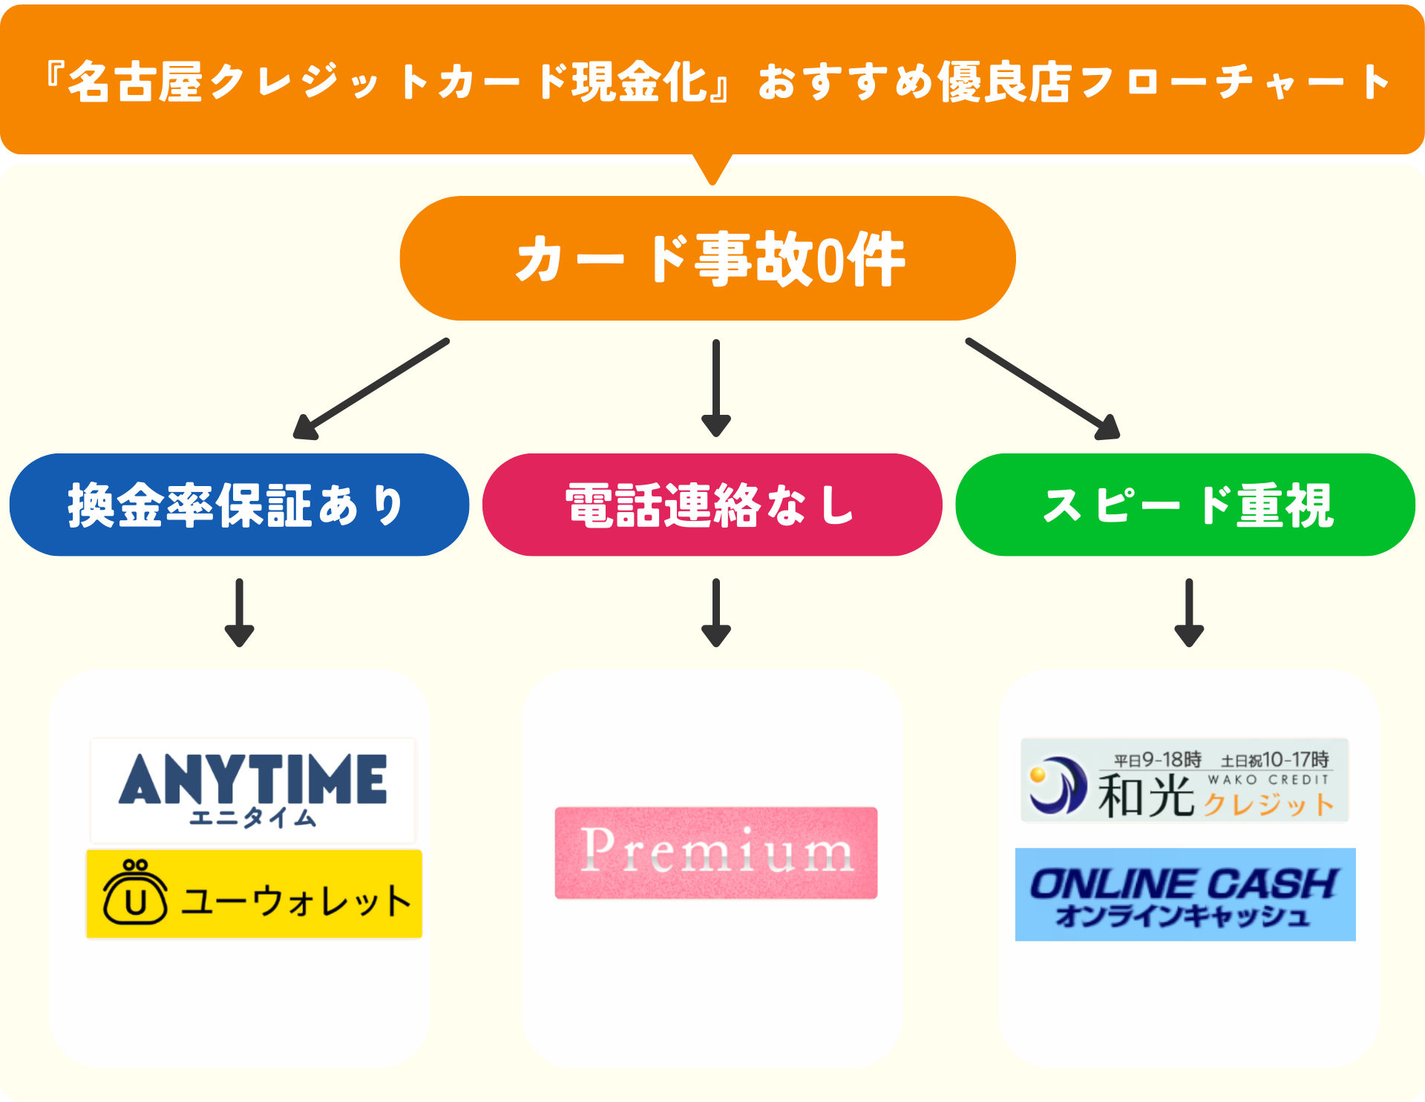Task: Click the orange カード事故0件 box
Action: (707, 258)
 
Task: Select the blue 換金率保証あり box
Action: (239, 505)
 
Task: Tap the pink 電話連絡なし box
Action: (712, 505)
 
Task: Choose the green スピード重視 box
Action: (1185, 505)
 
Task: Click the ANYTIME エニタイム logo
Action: (252, 790)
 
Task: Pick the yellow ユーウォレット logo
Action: (254, 894)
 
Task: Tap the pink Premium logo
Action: (715, 853)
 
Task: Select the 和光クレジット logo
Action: (1185, 780)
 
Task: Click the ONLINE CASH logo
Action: (1185, 895)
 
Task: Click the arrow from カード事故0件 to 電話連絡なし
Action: (715, 388)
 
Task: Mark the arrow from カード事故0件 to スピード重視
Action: (1043, 389)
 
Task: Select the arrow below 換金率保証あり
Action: (239, 613)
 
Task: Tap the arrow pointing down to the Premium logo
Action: (715, 613)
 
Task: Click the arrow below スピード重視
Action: (1188, 613)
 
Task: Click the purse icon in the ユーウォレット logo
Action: (135, 893)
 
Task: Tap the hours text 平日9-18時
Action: (1157, 760)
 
